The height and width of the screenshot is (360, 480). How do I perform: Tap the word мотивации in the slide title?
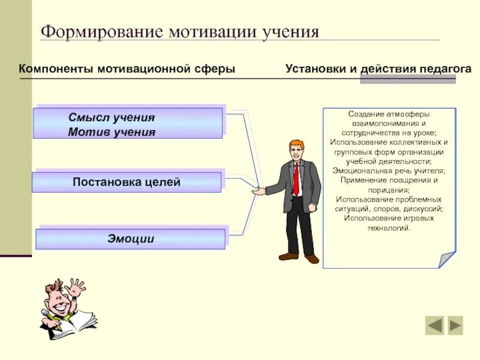coord(212,31)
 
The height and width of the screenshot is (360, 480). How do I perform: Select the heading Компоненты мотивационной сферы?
coord(127,68)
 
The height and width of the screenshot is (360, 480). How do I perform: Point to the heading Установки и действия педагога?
coord(378,68)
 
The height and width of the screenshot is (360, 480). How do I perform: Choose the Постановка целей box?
coord(127,182)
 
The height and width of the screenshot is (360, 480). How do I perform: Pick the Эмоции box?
coord(131,239)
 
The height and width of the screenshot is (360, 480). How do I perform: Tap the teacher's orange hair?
coord(295,145)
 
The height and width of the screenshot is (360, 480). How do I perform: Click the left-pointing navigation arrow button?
coord(434,325)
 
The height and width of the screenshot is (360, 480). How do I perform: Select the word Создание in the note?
coord(362,114)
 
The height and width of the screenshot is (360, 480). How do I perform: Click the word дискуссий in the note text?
coord(424,209)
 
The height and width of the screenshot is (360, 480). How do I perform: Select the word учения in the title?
coord(290,31)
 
